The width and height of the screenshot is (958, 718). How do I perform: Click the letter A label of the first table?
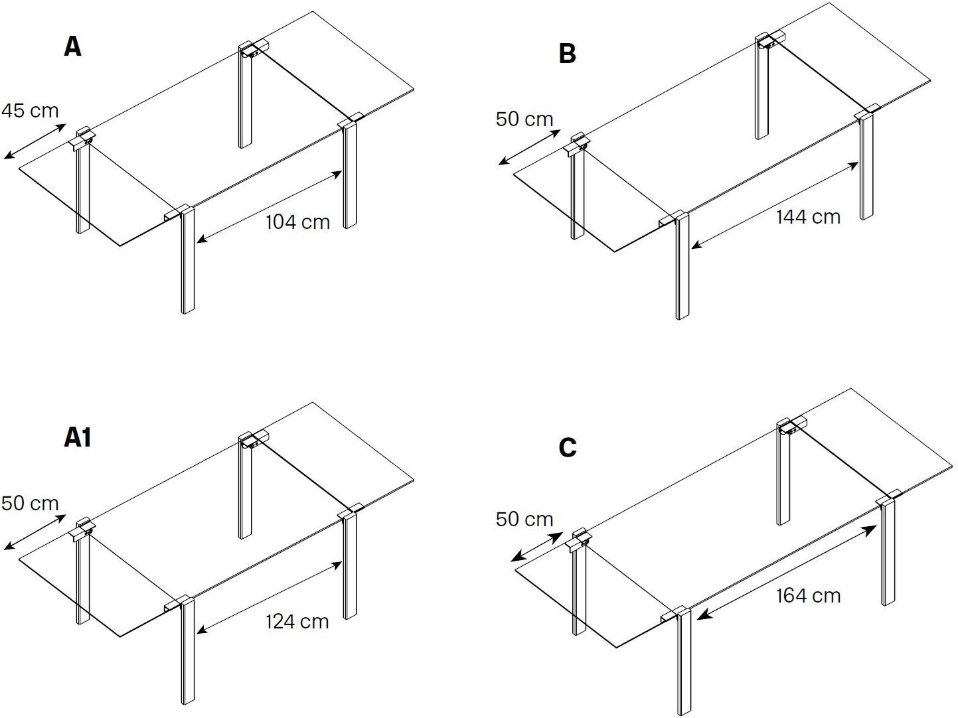[x=73, y=46]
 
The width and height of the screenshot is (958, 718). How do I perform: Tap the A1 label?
[x=78, y=438]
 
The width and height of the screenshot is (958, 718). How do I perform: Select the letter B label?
[x=567, y=53]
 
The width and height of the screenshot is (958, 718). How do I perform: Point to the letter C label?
[x=568, y=448]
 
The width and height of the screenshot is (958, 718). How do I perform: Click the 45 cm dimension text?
[x=30, y=110]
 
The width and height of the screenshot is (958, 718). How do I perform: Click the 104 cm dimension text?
[x=297, y=222]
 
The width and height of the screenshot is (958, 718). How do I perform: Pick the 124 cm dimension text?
[x=297, y=621]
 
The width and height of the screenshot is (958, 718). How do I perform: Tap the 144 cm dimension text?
[x=808, y=217]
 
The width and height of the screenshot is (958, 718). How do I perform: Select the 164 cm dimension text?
[x=808, y=596]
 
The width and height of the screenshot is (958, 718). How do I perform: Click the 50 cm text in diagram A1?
[x=30, y=503]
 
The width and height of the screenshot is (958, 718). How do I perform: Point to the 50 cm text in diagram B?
[x=524, y=119]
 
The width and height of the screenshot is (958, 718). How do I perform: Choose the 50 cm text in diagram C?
[x=524, y=519]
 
